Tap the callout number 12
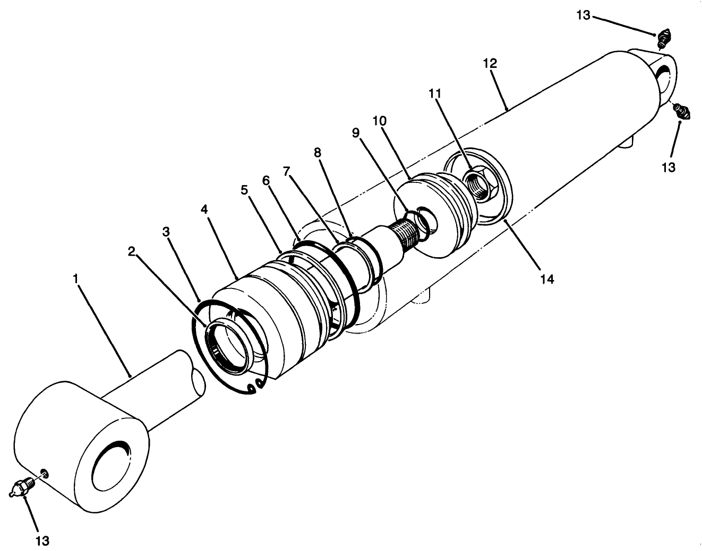490,63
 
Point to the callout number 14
547,279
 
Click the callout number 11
435,94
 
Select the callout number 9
356,132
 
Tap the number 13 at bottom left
42,540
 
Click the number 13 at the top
583,15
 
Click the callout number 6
266,180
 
